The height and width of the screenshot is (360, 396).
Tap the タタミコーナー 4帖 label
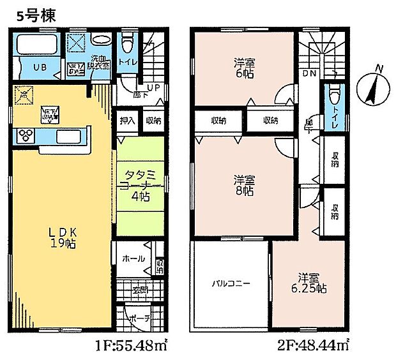(137, 184)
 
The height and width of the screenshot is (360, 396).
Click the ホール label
(132, 259)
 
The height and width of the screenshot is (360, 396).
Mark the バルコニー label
(227, 283)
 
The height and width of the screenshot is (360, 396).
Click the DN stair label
(309, 75)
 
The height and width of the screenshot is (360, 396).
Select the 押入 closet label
(126, 120)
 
